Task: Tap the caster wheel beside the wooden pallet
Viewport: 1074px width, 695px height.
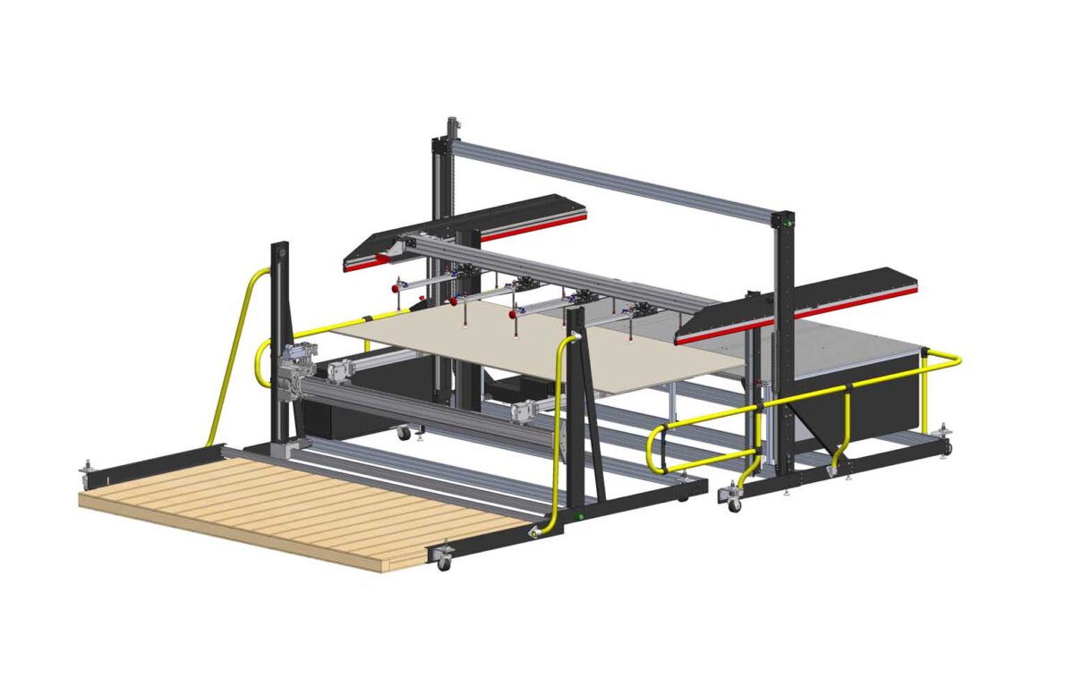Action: point(443,562)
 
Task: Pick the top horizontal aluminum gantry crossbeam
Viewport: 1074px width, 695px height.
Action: point(618,180)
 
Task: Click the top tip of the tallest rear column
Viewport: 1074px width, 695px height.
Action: point(453,120)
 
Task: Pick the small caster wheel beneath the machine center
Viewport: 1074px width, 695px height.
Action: point(404,433)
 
